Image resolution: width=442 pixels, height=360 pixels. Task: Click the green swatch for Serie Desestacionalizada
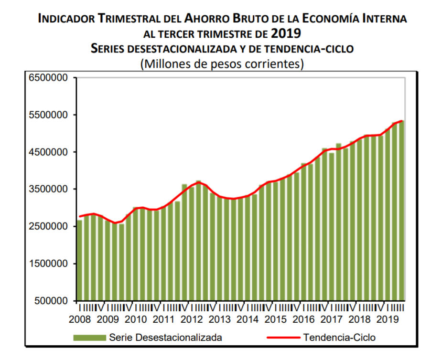pos(89,338)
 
